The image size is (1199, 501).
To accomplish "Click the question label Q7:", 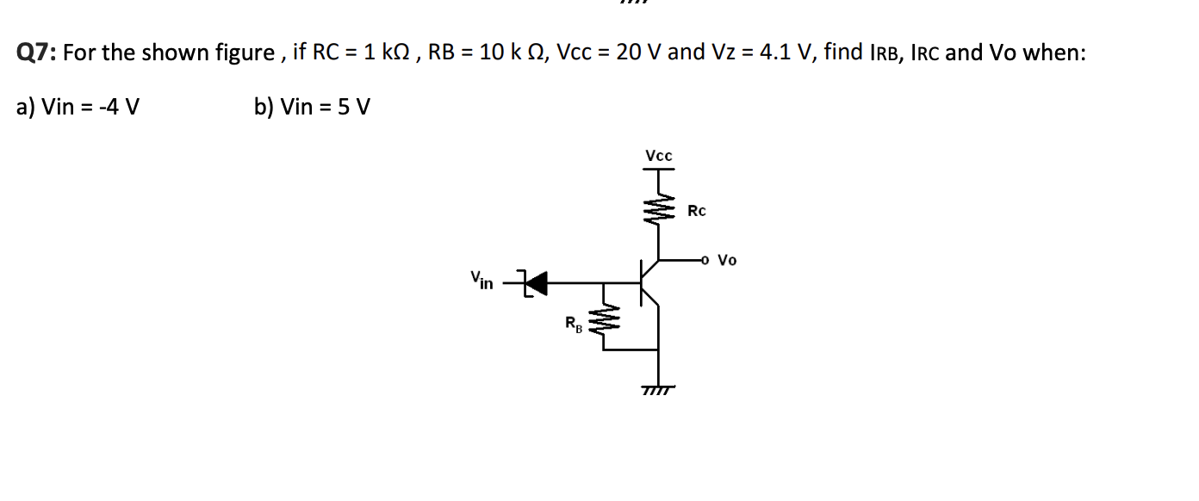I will tap(37, 53).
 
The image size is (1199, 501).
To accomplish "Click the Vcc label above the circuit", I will tap(659, 156).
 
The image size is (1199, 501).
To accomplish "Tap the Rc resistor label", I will tap(697, 211).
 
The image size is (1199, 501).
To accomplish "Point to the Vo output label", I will tap(728, 259).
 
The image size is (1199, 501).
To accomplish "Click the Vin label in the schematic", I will tap(481, 280).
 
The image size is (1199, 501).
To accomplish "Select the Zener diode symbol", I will tap(535, 281).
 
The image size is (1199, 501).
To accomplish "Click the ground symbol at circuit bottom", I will tap(659, 390).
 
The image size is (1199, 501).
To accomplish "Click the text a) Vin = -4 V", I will tap(78, 108).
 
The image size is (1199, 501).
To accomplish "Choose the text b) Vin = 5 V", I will tap(312, 108).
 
